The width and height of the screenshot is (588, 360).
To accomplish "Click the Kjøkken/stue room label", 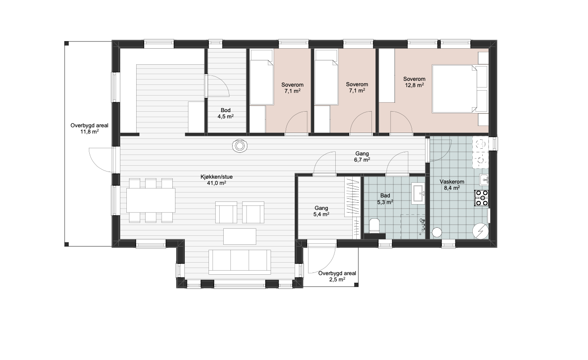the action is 217,180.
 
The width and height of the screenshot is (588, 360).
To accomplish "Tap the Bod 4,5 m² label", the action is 226,113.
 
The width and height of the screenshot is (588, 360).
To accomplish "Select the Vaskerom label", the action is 452,182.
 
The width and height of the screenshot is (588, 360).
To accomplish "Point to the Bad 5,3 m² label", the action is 385,199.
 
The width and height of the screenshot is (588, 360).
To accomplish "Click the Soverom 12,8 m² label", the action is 414,82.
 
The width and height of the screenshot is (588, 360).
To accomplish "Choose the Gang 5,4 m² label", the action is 321,211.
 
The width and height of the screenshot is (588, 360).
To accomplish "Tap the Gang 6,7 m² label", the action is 362,157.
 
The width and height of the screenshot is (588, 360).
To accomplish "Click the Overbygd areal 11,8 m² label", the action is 89,128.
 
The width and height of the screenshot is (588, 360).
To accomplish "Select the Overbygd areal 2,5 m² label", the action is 338,276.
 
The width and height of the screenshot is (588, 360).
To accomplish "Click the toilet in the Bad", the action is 374,225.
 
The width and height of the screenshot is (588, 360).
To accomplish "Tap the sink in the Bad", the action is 418,193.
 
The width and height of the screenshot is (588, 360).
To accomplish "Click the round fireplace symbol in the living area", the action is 240,146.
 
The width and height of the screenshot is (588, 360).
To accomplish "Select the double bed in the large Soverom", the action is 460,89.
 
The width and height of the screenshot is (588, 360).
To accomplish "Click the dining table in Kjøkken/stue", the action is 150,200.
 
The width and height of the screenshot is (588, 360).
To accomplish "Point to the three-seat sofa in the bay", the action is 240,262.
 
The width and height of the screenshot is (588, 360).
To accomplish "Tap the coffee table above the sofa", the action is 240,236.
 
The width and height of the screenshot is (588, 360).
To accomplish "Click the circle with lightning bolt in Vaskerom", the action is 480,231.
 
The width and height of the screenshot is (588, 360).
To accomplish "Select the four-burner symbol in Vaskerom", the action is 482,198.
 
